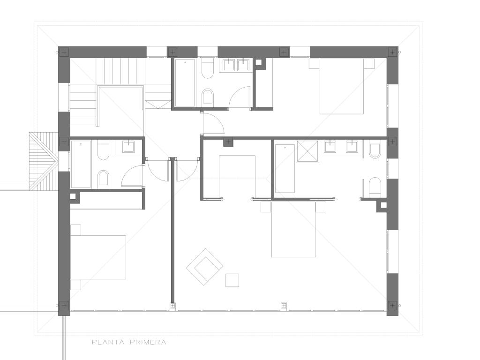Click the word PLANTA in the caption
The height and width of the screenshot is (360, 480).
pyautogui.click(x=108, y=342)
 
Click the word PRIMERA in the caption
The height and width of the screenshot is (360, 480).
pyautogui.click(x=148, y=342)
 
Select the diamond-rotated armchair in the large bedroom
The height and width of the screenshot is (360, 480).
pyautogui.click(x=205, y=267)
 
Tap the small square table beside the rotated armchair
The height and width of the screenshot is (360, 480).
pyautogui.click(x=232, y=280)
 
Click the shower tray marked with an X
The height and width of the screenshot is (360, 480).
pyautogui.click(x=307, y=151)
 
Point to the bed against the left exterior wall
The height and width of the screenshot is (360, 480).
pyautogui.click(x=98, y=257)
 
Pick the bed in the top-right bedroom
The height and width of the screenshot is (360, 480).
pyautogui.click(x=342, y=86)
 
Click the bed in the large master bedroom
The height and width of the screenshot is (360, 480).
pyautogui.click(x=293, y=229)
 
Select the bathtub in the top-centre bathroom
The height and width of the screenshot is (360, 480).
pyautogui.click(x=185, y=82)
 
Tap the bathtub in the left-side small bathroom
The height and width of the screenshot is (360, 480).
pyautogui.click(x=81, y=164)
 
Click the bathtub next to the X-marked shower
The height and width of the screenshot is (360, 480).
pyautogui.click(x=285, y=168)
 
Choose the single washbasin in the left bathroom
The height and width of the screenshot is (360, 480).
pyautogui.click(x=128, y=146)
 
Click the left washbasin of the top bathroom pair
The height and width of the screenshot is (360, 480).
pyautogui.click(x=229, y=65)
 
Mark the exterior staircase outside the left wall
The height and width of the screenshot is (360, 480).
pyautogui.click(x=44, y=161)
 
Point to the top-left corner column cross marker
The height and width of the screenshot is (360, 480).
pyautogui.click(x=64, y=52)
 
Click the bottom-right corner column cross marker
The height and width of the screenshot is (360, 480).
pyautogui.click(x=392, y=305)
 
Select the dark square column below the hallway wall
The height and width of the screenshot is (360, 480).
pyautogui.click(x=228, y=142)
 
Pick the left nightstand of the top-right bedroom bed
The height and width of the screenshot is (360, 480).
pyautogui.click(x=314, y=64)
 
